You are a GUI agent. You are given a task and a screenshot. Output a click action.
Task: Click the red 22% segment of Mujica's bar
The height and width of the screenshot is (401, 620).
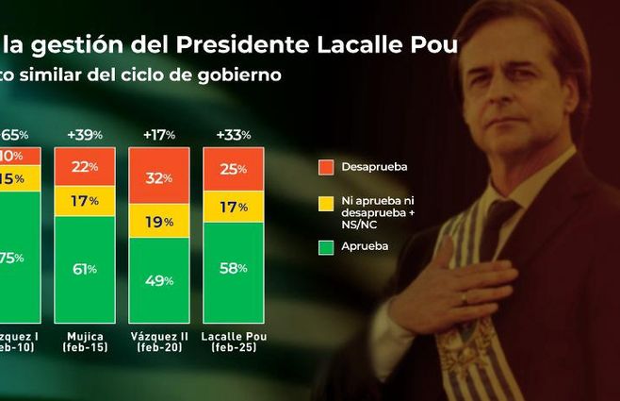click(85, 166)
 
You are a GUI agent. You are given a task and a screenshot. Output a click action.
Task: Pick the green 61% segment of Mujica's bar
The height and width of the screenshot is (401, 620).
click(85, 269)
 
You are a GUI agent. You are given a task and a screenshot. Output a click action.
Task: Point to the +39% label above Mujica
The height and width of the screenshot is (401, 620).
click(85, 135)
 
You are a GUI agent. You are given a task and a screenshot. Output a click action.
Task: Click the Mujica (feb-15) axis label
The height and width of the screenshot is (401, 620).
click(85, 342)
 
